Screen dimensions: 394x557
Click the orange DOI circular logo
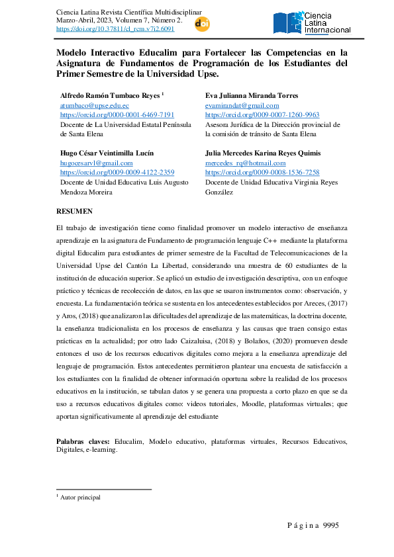point(202,24)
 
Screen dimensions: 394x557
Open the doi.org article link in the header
point(116,29)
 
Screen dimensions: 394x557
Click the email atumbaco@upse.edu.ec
point(94,105)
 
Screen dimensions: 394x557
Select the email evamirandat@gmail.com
point(242,105)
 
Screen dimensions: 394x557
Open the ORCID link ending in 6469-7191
point(117,114)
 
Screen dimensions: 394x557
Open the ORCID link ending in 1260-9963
point(262,114)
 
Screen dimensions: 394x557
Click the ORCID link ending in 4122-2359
point(117,172)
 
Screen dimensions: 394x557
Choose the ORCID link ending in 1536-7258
point(262,172)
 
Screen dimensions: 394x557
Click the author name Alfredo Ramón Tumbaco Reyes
point(109,95)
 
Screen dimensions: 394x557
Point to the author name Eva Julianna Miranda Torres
point(252,95)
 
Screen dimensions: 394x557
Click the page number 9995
point(330,525)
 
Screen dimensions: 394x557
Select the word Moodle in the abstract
point(246,405)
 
